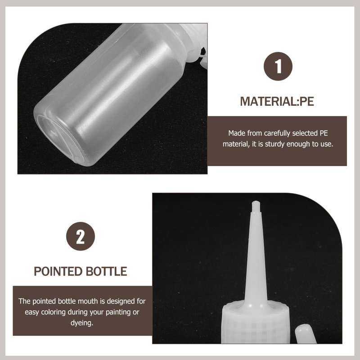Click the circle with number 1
tap(278, 66)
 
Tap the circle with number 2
tap(81, 236)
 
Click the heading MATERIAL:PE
tap(277, 102)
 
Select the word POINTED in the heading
tap(58, 271)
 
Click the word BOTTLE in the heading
tap(106, 271)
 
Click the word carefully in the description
tap(277, 133)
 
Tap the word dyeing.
tap(82, 323)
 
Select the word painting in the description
tap(116, 312)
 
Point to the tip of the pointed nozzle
tap(256, 202)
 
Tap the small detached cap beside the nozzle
tap(306, 334)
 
